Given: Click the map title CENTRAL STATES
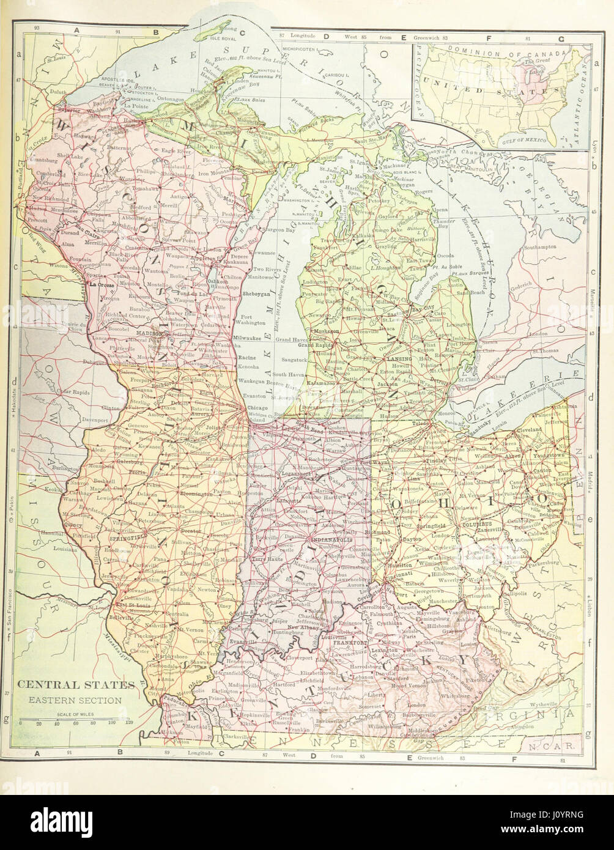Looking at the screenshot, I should click(75, 684).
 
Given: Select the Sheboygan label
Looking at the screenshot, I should click(256, 294).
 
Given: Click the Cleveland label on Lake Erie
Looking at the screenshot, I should click(529, 429).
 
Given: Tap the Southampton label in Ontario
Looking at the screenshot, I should click(540, 246).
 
